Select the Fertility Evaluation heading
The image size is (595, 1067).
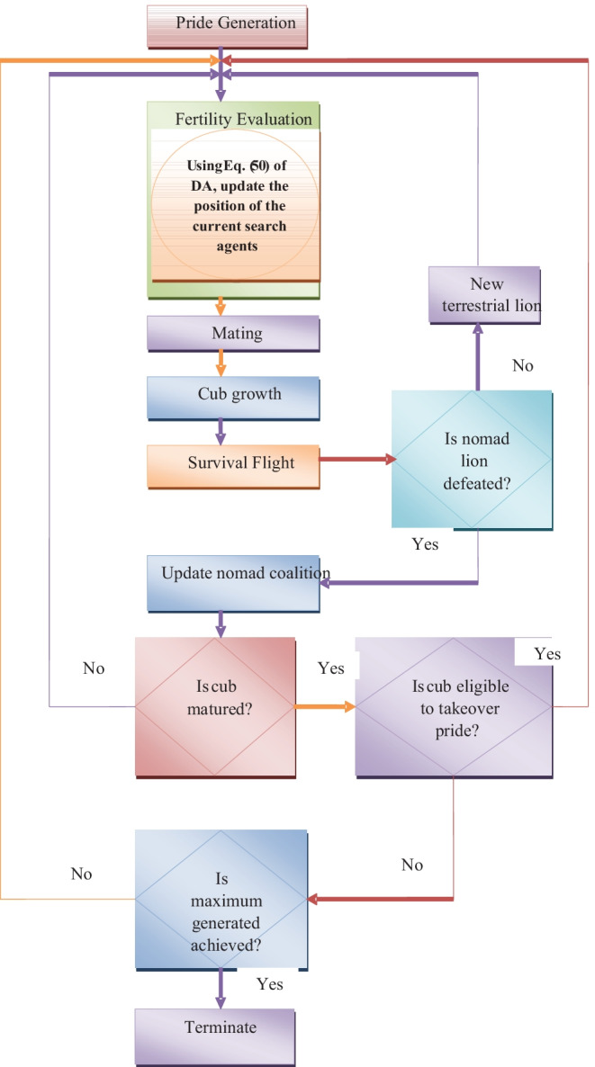click(243, 118)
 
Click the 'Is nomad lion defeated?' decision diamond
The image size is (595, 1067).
click(471, 458)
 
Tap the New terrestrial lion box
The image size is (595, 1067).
click(483, 295)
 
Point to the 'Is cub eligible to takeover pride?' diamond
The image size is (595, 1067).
click(454, 706)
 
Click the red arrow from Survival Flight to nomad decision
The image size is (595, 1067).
click(355, 459)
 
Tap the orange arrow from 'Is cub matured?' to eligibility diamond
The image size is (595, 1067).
click(325, 706)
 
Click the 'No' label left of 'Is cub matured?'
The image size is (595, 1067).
click(94, 668)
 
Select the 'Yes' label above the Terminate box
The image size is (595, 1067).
click(269, 983)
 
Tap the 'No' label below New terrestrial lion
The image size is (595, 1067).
click(523, 366)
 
